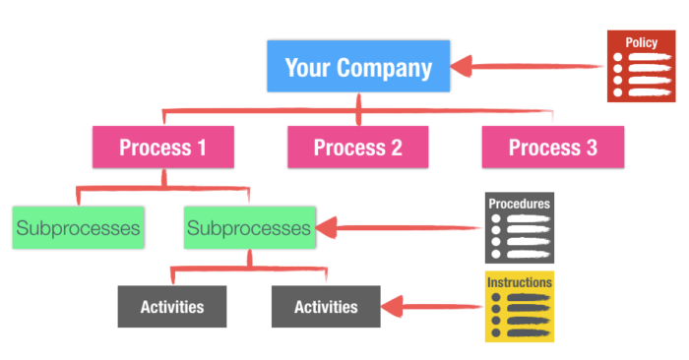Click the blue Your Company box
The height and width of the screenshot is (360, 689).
[x=357, y=68]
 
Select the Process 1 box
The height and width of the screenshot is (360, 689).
[x=162, y=148]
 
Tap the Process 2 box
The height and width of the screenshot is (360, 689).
[x=357, y=148]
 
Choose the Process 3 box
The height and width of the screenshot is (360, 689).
[x=552, y=148]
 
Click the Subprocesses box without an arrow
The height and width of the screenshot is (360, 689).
[x=78, y=227]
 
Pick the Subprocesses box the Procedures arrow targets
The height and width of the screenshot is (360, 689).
[x=250, y=227]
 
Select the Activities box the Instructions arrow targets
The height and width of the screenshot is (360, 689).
[x=326, y=306]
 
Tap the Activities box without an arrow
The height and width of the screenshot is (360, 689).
[x=171, y=306]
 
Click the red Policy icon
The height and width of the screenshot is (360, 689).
[x=641, y=65]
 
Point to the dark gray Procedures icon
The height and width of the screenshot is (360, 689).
[x=520, y=226]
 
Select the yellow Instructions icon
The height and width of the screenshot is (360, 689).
[x=520, y=306]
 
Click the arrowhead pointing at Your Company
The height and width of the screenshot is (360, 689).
[x=463, y=68]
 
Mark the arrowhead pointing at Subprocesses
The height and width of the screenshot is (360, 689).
[x=330, y=228]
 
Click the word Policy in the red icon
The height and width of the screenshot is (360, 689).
[x=641, y=42]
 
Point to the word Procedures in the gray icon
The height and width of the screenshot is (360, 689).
[x=520, y=204]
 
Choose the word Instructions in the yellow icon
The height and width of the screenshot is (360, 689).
[x=520, y=282]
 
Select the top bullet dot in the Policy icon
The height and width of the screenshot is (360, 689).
[x=618, y=58]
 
